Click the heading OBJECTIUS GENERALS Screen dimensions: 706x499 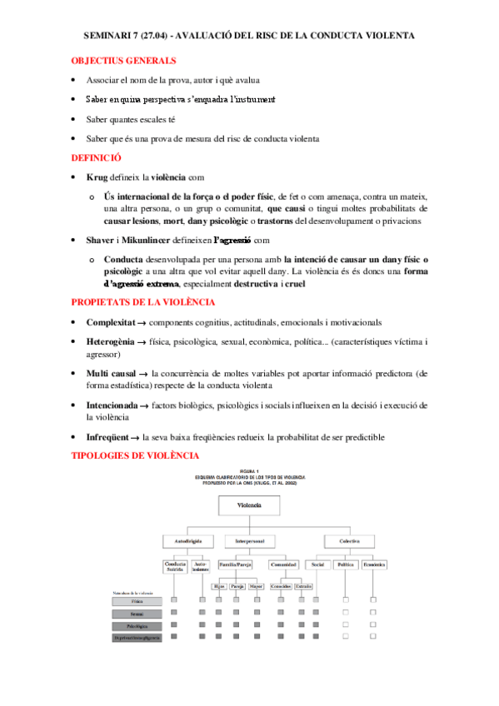123,61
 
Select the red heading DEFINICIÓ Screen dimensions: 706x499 97,157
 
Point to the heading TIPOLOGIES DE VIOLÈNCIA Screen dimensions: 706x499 135,455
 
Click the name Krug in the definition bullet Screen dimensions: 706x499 97,177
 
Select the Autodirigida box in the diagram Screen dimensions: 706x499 187,540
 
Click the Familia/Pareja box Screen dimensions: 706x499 235,564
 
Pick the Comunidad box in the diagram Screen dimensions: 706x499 287,564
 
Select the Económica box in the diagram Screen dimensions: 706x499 372,564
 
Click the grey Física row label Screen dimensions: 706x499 137,599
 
